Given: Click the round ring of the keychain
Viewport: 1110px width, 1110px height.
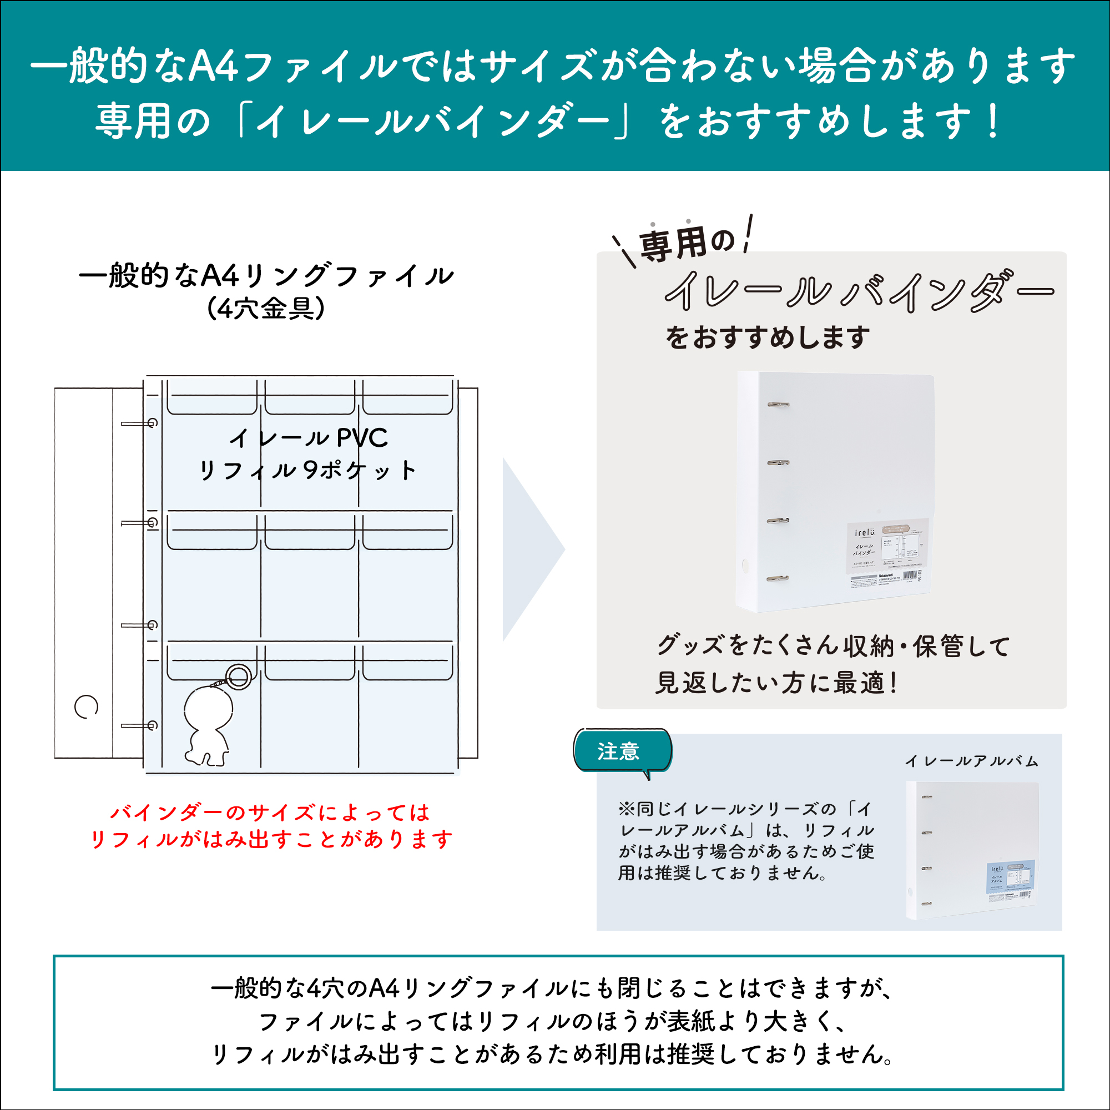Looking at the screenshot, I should click(238, 677).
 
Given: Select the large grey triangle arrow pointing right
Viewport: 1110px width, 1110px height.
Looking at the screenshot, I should click(529, 549).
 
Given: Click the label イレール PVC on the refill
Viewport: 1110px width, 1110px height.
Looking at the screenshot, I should click(309, 438).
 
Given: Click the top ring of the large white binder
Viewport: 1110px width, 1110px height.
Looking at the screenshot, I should click(779, 405).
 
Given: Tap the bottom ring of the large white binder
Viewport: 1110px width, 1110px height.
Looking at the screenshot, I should click(778, 578).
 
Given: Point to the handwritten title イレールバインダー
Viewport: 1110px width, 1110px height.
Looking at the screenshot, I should click(859, 292).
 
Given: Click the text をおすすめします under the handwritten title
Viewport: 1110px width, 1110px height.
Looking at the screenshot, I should click(768, 338).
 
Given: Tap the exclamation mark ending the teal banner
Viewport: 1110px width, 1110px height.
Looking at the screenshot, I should click(992, 121).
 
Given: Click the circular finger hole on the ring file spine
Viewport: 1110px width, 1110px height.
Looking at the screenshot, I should click(86, 707).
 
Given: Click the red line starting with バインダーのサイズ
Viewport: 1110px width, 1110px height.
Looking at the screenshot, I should click(270, 813).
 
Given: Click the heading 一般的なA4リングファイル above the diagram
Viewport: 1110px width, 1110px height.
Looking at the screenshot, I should click(266, 276).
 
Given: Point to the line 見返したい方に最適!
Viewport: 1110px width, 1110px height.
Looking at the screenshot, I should click(776, 683).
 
